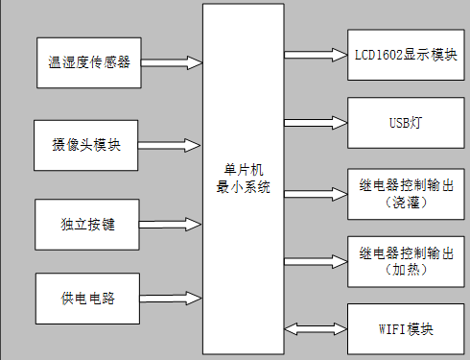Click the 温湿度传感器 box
point(88,62)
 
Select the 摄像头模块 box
point(87,145)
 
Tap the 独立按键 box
point(87,226)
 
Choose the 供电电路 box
point(87,298)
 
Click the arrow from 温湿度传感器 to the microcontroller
point(172,62)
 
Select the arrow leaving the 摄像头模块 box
point(170,145)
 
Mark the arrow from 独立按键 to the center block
point(170,226)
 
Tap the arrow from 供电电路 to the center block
point(170,298)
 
